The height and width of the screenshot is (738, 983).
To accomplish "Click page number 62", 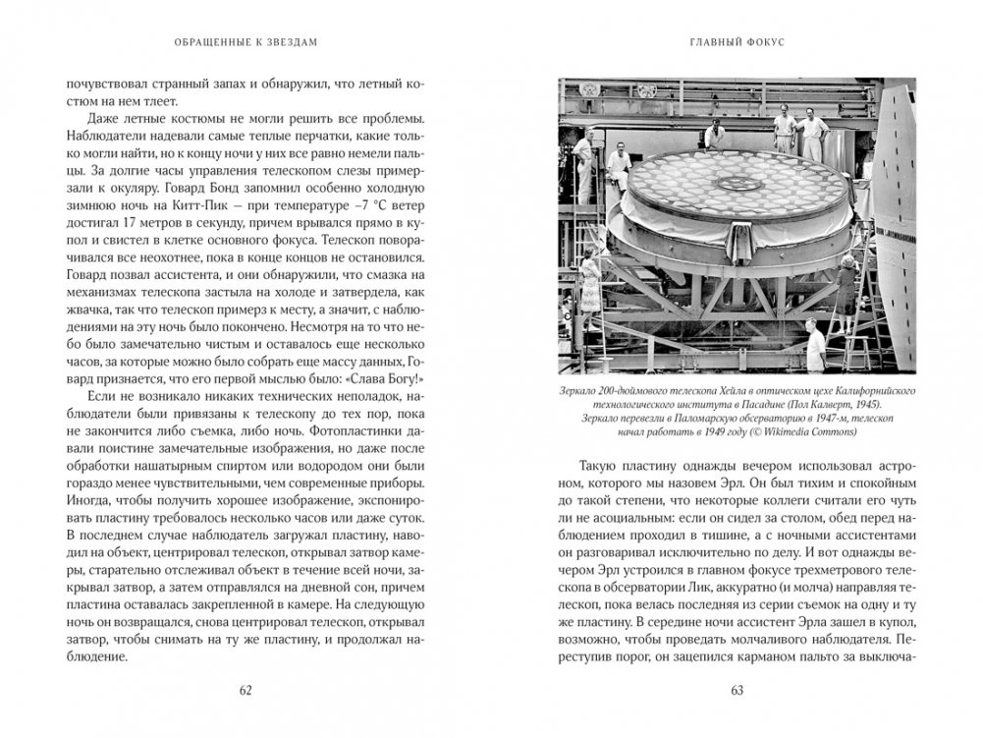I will pos(246,689).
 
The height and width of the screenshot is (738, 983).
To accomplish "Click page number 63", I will pos(737,689).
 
